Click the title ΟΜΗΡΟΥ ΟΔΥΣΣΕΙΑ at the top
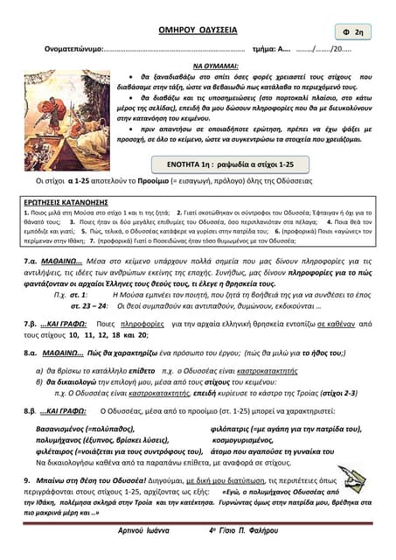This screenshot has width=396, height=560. (198, 29)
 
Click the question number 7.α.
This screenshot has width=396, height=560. (32, 261)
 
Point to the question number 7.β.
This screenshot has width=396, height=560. (32, 323)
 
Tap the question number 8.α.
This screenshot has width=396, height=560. (32, 354)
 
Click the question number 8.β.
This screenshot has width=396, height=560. (32, 409)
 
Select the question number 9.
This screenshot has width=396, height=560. (28, 481)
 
